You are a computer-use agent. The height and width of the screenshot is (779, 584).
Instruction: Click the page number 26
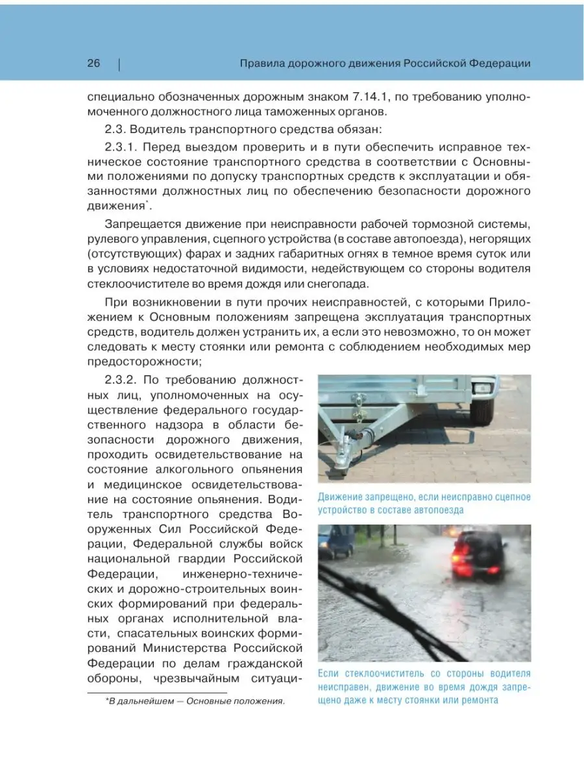(x=93, y=64)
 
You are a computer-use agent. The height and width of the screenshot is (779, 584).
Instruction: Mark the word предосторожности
(x=150, y=361)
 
